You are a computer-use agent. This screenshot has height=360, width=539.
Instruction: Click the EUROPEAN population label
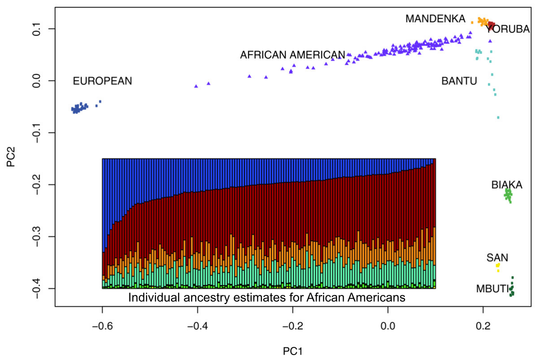click(x=102, y=81)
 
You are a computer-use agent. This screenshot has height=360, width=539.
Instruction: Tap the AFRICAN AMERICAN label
click(x=292, y=55)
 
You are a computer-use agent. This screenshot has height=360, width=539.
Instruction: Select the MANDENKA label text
click(x=435, y=19)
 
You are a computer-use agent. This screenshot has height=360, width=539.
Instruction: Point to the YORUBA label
click(x=508, y=30)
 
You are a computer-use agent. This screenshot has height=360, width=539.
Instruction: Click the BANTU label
click(x=459, y=81)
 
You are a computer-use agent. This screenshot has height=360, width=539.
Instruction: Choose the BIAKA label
click(x=507, y=184)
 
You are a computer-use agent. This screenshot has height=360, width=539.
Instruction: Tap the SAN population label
click(x=497, y=258)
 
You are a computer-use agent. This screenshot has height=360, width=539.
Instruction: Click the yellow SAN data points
click(x=498, y=267)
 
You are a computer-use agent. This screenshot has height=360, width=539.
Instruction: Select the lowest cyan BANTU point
click(x=498, y=118)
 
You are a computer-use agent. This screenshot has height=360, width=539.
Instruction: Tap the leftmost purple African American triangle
click(x=196, y=86)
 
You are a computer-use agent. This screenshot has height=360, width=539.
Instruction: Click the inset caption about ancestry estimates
click(x=267, y=297)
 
